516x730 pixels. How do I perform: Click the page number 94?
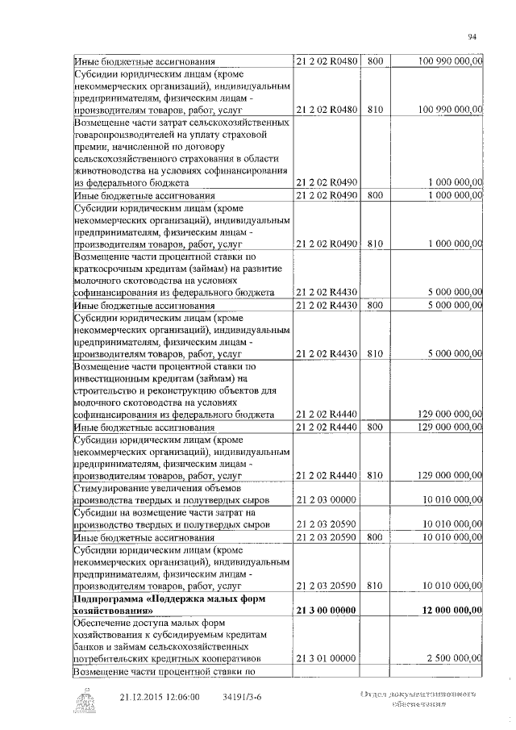coord(472,36)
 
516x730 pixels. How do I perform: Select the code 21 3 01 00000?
coord(327,659)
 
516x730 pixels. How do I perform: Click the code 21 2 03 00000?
coord(327,500)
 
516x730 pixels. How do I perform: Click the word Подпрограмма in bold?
coord(109,601)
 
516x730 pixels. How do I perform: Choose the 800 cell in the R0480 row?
coord(375,61)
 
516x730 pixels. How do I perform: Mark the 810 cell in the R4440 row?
coord(375,476)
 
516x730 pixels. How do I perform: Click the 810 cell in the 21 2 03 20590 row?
coord(375,586)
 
